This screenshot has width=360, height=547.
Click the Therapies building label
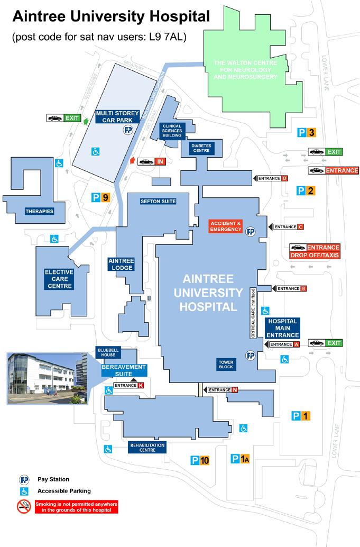point(40,212)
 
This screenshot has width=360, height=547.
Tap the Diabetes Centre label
point(201,148)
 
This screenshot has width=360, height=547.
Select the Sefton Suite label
point(158,201)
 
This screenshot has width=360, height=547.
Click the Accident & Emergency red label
point(226,226)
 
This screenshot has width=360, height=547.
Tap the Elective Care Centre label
point(58,279)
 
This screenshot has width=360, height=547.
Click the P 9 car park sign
point(101,198)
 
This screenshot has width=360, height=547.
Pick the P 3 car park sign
point(306,133)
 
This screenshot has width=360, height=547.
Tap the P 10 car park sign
point(200,460)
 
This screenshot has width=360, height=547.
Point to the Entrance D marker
point(271,179)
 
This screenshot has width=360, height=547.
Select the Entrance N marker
point(221,390)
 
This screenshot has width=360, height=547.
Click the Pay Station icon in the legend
point(24,479)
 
